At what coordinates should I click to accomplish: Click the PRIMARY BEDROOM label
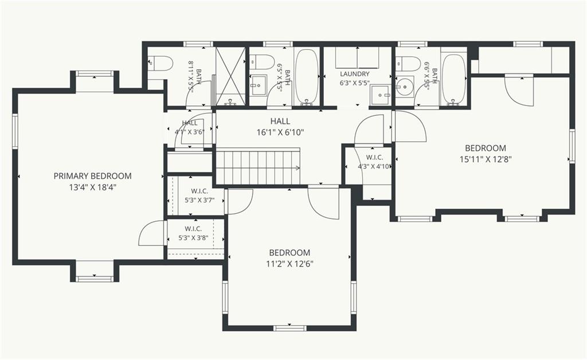coord(92,176)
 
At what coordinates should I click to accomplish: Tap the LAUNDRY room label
coord(354,74)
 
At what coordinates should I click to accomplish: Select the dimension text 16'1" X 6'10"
coord(280,132)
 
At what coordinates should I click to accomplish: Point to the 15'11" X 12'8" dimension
coord(486,159)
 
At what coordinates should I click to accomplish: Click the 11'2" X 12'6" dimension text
coord(289,264)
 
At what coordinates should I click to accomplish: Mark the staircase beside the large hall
coord(259,167)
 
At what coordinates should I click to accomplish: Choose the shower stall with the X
coord(230,76)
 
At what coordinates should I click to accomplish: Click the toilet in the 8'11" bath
coord(160,64)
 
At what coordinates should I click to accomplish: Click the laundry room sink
coord(381,95)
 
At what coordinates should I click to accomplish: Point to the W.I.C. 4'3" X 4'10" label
coord(374,162)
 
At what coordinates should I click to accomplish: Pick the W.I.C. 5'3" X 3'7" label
coord(199,195)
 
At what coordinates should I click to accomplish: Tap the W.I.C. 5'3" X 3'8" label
coord(193,233)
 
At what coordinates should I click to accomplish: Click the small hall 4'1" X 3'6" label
coord(189,127)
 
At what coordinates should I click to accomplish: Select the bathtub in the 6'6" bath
coord(453,79)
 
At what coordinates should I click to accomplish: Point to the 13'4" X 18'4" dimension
coord(92,187)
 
